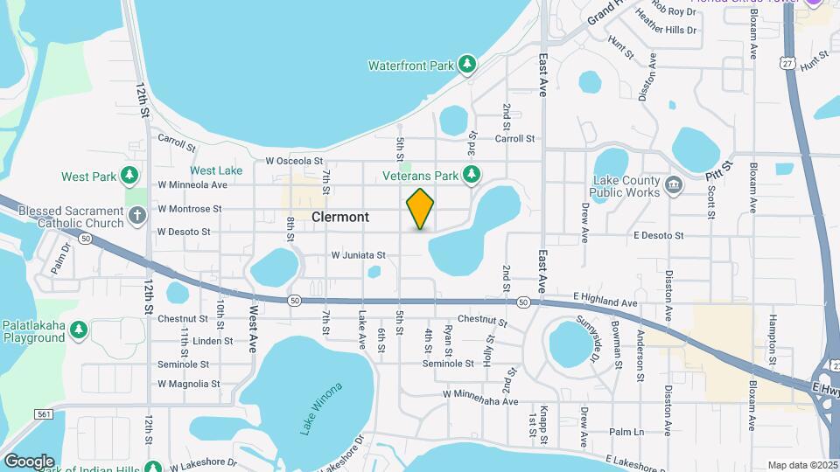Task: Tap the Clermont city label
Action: point(339,217)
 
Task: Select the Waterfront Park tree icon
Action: point(468,64)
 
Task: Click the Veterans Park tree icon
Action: point(472,175)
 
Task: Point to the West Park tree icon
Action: point(129,176)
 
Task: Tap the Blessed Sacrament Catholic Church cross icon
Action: point(136,215)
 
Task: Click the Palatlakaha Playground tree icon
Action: point(79,330)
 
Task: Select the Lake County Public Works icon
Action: point(674,184)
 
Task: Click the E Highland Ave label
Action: point(605,302)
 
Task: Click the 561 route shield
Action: point(45,413)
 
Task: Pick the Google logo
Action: point(29,461)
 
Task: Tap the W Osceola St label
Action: point(295,161)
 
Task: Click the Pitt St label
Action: point(720,165)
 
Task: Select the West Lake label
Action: point(216,170)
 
